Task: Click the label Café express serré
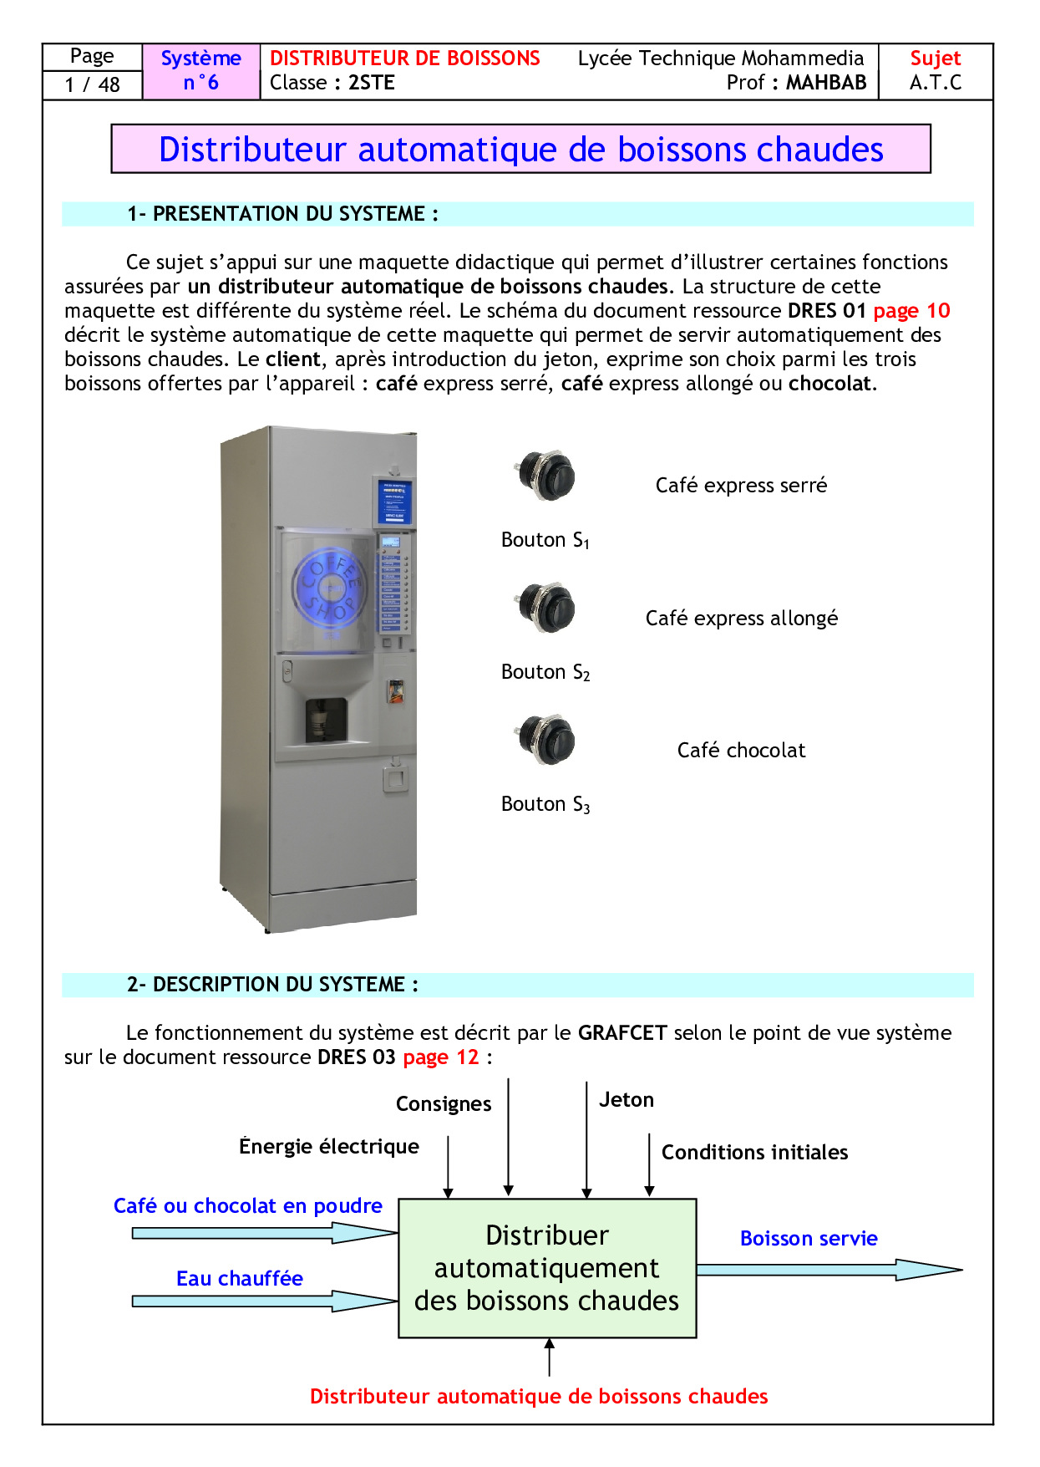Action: (x=741, y=486)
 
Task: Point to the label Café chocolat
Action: (x=741, y=751)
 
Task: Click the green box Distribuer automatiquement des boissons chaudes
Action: (x=547, y=1268)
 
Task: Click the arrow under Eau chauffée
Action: (x=263, y=1301)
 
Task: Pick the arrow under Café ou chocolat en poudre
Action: (x=263, y=1233)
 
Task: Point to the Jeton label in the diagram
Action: (x=627, y=1100)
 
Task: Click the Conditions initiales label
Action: (x=754, y=1153)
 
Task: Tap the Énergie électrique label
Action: (x=329, y=1147)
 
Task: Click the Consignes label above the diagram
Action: (x=444, y=1104)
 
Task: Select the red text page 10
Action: (x=911, y=311)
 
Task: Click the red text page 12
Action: (x=441, y=1057)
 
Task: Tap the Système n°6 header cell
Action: (x=200, y=71)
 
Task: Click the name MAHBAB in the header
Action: (x=825, y=83)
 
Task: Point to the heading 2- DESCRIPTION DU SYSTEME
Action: (x=272, y=985)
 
